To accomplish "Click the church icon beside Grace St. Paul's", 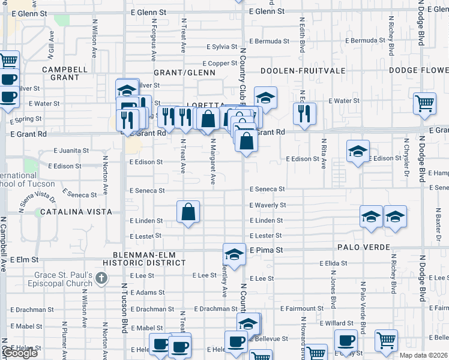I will (101, 278).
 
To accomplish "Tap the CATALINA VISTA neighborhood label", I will (73, 212).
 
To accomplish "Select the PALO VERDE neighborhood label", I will (364, 247).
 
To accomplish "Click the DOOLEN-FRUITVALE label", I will (303, 71).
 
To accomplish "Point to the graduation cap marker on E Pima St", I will (234, 254).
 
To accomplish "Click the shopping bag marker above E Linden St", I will (188, 212).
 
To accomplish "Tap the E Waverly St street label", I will (268, 205).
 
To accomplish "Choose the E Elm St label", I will (25, 260).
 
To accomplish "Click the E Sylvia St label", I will (222, 47).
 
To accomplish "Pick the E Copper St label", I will (220, 63).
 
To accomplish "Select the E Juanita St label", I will (71, 151).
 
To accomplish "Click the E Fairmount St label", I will (304, 308).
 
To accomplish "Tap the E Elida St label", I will (333, 263).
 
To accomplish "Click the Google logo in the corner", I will (20, 353).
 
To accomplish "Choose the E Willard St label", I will (337, 323).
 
